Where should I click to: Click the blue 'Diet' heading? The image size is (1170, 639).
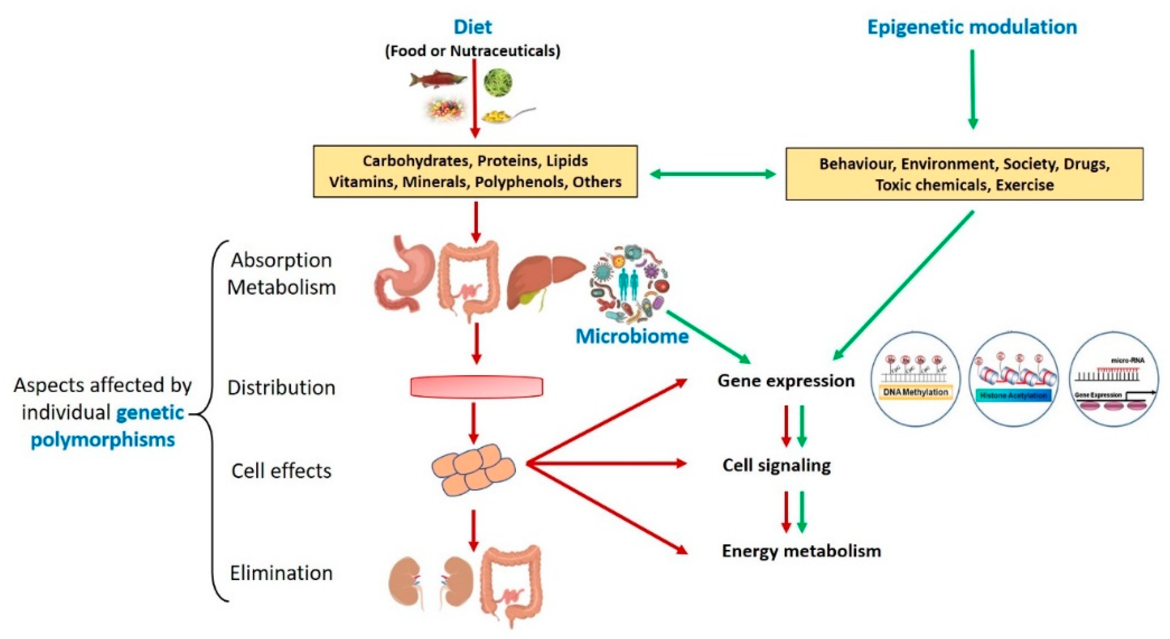[472, 27]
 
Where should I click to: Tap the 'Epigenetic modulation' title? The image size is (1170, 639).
[972, 27]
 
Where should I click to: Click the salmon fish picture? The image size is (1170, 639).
[437, 80]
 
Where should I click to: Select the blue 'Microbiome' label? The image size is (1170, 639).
[632, 336]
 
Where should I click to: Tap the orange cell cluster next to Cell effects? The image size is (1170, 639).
[473, 469]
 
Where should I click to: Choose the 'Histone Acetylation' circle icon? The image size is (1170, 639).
[1013, 379]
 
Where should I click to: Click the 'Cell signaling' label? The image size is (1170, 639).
[776, 465]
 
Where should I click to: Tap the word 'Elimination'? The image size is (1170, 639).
[281, 573]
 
